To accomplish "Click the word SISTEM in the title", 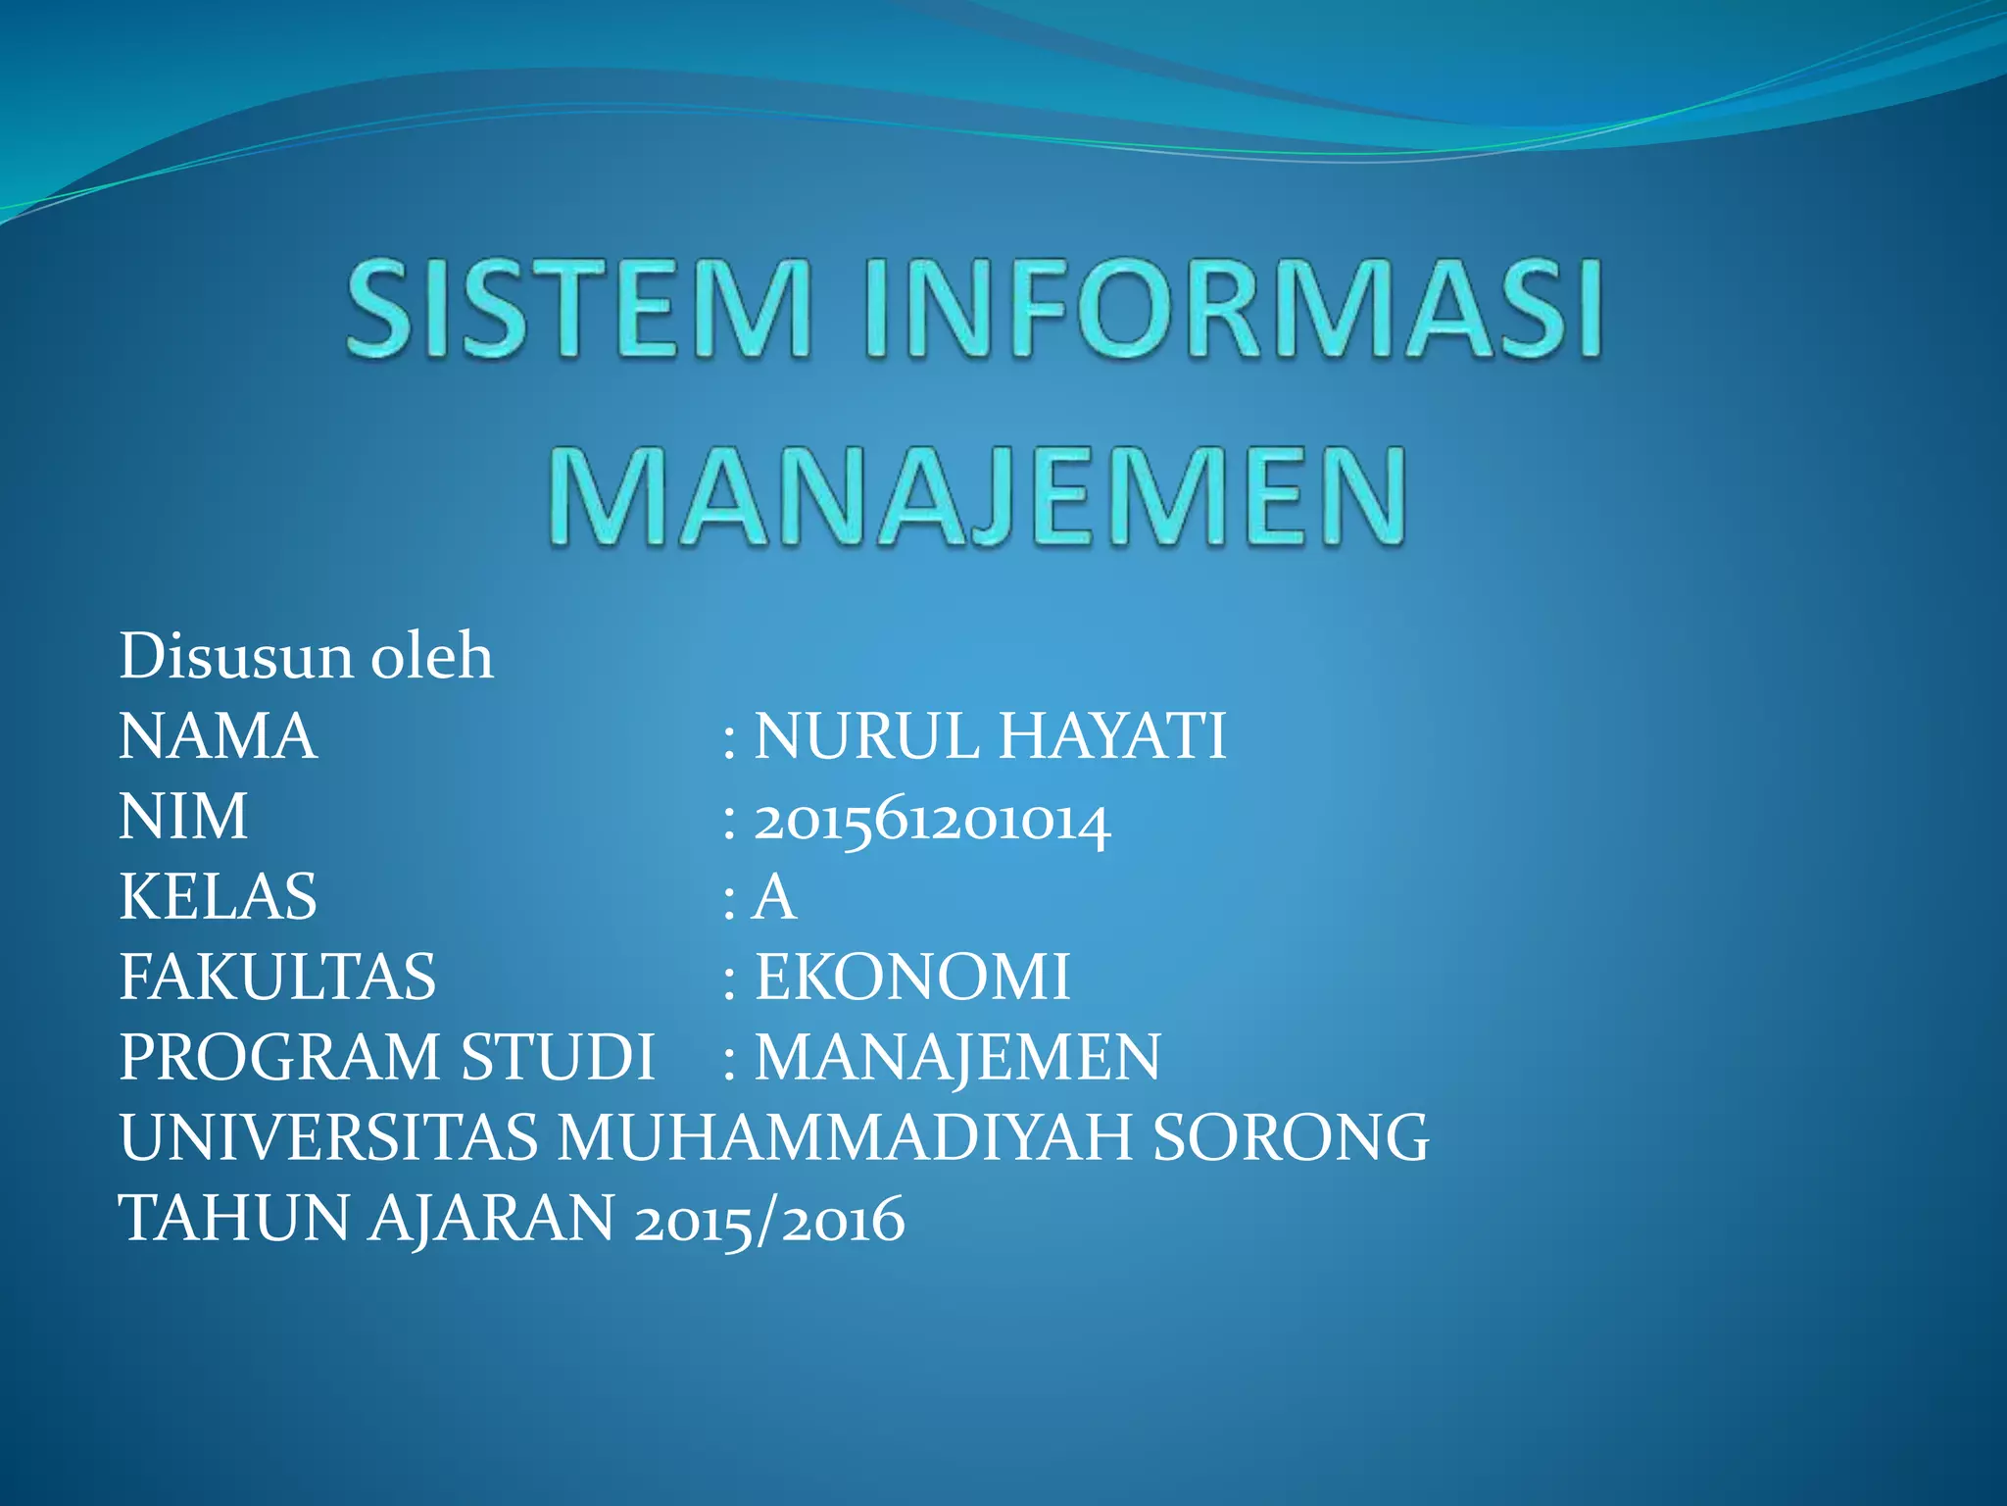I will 579,308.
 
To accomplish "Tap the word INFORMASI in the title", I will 1234,308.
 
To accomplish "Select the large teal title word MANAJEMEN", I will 977,497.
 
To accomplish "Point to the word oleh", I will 431,656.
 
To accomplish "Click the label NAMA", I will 218,736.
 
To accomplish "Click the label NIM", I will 183,817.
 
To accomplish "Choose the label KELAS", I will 218,897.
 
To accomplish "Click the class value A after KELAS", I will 774,897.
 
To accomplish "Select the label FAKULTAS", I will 277,978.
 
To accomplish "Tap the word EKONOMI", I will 911,978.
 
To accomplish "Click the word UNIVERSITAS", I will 328,1138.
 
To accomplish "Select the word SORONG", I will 1291,1138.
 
